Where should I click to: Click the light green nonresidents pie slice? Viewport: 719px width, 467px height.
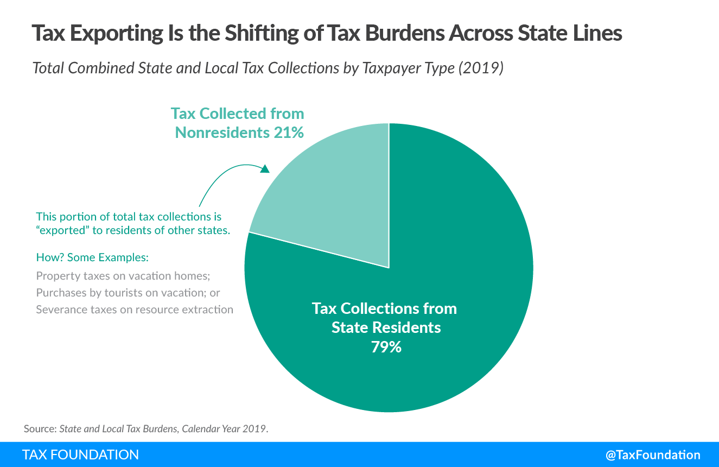(331, 195)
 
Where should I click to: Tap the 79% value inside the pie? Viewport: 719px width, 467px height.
(386, 347)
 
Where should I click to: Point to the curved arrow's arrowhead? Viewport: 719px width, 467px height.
(264, 168)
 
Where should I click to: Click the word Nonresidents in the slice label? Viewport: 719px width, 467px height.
(220, 132)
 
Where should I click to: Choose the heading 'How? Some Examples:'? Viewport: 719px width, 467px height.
(92, 257)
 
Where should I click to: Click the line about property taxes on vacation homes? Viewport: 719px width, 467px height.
(123, 276)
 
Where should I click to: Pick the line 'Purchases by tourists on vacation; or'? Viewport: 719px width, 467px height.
(128, 293)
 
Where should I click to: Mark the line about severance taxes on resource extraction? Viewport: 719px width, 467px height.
(135, 310)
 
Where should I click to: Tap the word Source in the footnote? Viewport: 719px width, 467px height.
(40, 428)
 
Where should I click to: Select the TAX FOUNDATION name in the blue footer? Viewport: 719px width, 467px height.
(80, 455)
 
